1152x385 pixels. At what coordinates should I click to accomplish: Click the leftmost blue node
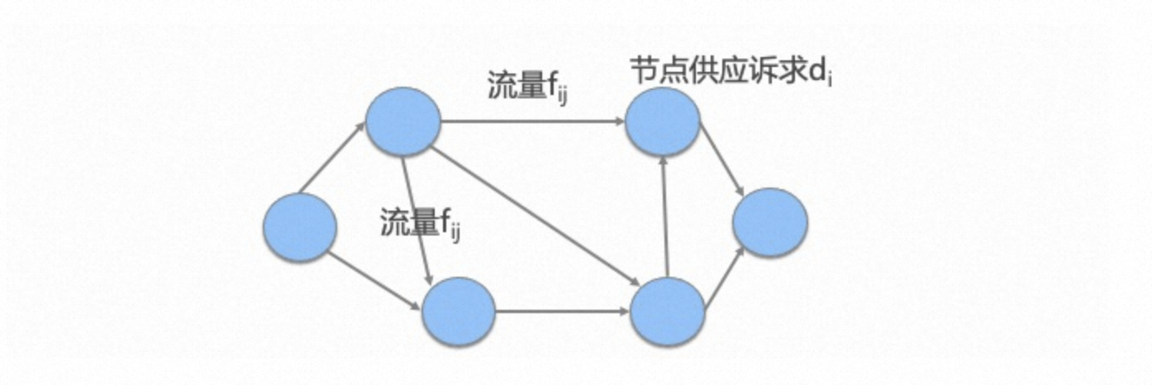click(x=299, y=227)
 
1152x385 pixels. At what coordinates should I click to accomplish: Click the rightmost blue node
click(x=769, y=222)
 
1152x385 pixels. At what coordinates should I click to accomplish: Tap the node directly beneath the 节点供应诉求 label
click(x=662, y=121)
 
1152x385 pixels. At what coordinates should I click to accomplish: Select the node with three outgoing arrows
click(x=402, y=121)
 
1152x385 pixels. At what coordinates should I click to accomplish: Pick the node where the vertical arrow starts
click(x=667, y=311)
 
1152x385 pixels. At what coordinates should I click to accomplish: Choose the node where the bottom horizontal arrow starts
click(x=458, y=311)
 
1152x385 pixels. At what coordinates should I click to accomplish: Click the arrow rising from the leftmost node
click(x=331, y=157)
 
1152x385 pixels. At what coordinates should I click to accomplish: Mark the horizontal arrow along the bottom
click(x=562, y=311)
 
